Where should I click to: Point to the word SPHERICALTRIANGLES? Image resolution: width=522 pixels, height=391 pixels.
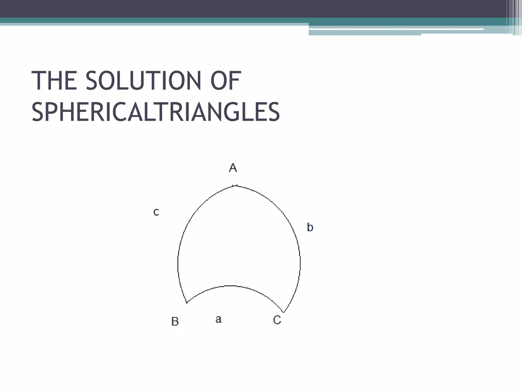click(156, 112)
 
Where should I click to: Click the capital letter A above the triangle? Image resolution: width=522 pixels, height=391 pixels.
click(233, 168)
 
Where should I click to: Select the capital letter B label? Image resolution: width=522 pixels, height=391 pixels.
click(175, 321)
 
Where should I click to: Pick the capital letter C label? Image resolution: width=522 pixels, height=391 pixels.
click(277, 320)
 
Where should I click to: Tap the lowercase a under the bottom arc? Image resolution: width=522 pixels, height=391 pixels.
click(218, 319)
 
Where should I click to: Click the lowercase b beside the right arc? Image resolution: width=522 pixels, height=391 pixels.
click(310, 227)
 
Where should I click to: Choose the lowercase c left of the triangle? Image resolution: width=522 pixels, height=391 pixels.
click(156, 212)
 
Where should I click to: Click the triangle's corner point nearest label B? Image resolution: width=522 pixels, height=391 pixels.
click(187, 302)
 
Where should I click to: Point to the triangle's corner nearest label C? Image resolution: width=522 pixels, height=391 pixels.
click(283, 312)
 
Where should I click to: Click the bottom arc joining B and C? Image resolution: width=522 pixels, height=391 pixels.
click(232, 286)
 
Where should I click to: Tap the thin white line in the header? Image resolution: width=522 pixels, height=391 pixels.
click(395, 29)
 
